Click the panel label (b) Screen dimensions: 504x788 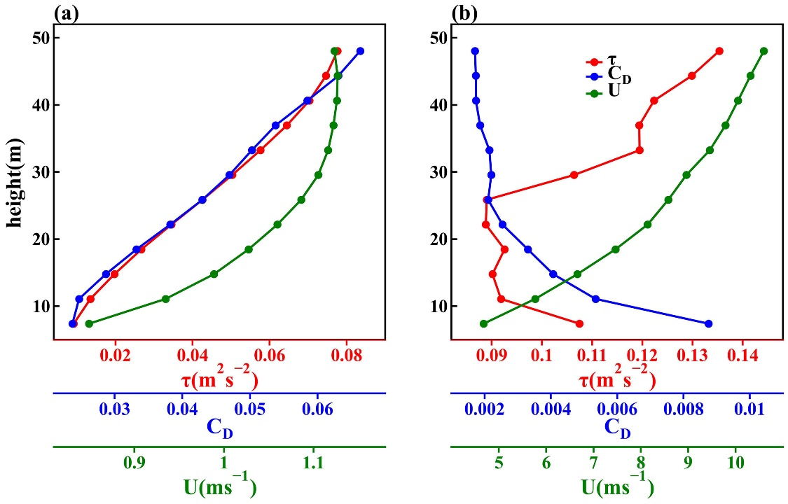pos(464,12)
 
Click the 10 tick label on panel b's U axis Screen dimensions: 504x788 pos(735,463)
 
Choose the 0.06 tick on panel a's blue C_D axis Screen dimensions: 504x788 pos(317,409)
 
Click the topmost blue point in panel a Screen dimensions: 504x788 pos(360,51)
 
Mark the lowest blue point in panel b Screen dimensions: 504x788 pos(708,323)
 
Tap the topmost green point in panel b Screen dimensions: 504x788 pos(763,51)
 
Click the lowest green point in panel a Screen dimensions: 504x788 pos(89,323)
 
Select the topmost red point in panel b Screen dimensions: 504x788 pos(719,51)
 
